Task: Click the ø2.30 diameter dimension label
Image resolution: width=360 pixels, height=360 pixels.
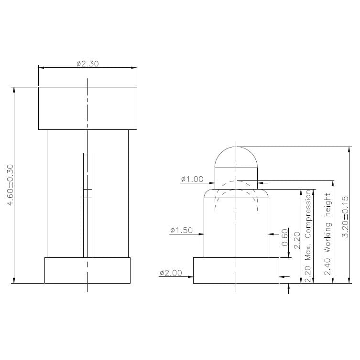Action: pyautogui.click(x=87, y=64)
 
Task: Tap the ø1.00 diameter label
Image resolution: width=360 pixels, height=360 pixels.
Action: pyautogui.click(x=192, y=180)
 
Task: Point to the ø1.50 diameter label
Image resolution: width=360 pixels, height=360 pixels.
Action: pyautogui.click(x=181, y=231)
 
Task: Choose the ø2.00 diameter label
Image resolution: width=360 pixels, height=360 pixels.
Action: pyautogui.click(x=170, y=273)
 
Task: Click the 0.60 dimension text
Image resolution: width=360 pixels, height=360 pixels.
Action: pyautogui.click(x=285, y=237)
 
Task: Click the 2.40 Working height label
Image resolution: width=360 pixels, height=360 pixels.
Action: pyautogui.click(x=327, y=234)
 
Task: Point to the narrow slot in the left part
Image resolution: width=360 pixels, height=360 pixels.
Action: pyautogui.click(x=87, y=205)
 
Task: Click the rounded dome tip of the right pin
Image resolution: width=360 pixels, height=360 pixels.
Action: pyautogui.click(x=236, y=157)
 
